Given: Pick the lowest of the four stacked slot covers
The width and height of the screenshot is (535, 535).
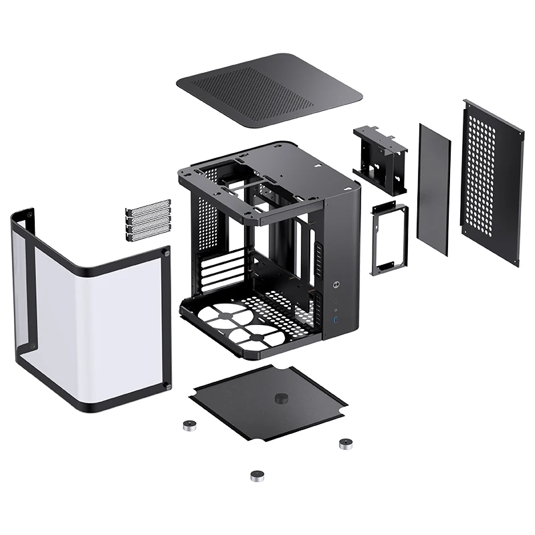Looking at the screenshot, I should pos(148,233).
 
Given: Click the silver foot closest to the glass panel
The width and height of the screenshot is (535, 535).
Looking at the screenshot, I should pos(189,425).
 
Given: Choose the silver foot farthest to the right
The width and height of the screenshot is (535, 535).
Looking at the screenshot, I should pos(346,443).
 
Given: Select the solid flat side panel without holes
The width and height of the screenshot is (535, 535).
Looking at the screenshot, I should pos(433,189).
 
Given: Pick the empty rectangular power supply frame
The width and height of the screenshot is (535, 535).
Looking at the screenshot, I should pos(389,239).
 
